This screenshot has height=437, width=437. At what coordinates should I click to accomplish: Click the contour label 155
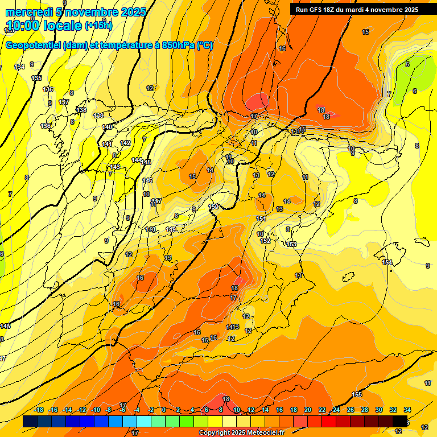(x=357, y=394)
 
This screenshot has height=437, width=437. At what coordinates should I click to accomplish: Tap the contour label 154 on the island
(x=387, y=262)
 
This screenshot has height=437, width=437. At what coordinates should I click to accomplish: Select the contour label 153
(x=292, y=244)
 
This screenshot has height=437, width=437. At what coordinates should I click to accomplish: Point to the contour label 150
(x=214, y=207)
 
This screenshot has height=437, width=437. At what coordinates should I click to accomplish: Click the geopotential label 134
(x=20, y=67)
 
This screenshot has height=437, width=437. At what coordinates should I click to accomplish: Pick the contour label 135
(x=36, y=78)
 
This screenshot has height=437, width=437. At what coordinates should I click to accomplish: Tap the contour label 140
(x=108, y=127)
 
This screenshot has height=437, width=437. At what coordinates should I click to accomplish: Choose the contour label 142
(x=125, y=143)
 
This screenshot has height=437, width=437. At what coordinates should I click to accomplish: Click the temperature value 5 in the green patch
(x=407, y=64)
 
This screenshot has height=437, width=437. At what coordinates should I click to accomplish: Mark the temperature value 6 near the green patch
(x=414, y=91)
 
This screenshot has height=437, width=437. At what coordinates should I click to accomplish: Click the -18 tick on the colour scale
(x=39, y=410)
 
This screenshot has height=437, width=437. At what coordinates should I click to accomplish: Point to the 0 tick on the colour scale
(x=163, y=410)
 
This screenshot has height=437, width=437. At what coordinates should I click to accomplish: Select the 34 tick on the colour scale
(x=407, y=410)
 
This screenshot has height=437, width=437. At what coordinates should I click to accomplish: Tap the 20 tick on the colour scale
(x=307, y=410)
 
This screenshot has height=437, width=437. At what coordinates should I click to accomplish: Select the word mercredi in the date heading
(x=29, y=12)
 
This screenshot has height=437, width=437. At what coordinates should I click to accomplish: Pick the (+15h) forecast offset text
(x=98, y=25)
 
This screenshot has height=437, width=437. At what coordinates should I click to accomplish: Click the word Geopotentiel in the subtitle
(x=34, y=46)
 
